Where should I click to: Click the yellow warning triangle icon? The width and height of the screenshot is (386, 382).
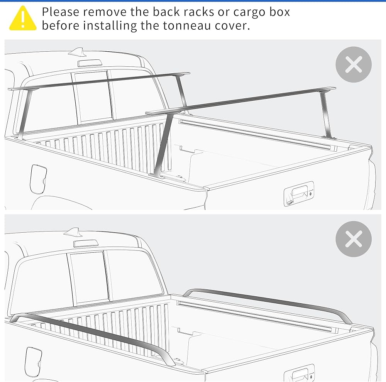click(23, 19)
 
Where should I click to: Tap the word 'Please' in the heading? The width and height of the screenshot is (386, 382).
click(60, 12)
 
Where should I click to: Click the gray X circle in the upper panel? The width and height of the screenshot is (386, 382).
click(354, 64)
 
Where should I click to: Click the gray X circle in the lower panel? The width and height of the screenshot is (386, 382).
click(354, 239)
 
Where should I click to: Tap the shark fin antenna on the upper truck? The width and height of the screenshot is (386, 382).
click(78, 52)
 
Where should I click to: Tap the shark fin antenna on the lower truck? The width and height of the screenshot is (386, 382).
click(73, 232)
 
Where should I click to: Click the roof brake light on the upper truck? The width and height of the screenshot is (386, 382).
click(90, 63)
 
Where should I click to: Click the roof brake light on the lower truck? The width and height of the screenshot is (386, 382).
click(86, 243)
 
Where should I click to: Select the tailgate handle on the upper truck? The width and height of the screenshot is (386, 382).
click(299, 194)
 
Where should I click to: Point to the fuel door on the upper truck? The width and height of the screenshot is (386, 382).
click(38, 179)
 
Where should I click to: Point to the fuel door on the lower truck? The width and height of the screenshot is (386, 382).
click(33, 362)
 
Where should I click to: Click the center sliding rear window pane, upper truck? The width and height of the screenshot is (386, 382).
click(93, 97)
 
